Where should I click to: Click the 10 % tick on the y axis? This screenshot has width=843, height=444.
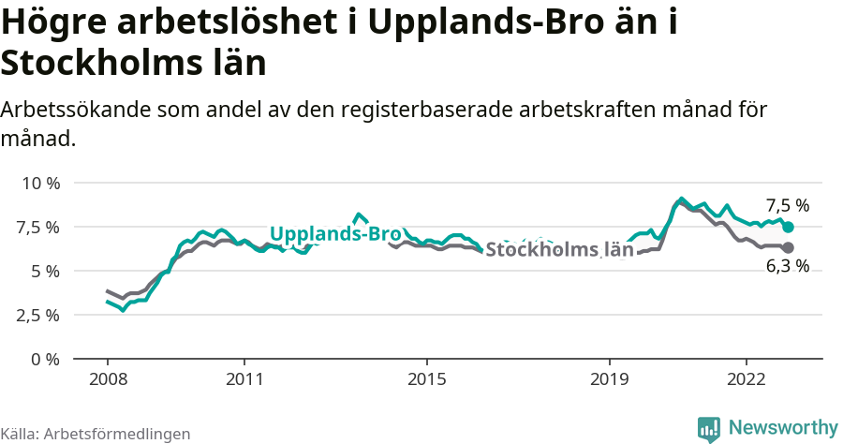pyautogui.click(x=39, y=183)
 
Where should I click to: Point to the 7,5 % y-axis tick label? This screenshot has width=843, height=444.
pyautogui.click(x=39, y=227)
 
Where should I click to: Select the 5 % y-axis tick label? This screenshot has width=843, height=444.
pyautogui.click(x=45, y=271)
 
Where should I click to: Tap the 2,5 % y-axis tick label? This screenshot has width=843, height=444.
pyautogui.click(x=39, y=315)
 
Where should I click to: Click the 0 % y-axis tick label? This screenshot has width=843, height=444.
pyautogui.click(x=45, y=359)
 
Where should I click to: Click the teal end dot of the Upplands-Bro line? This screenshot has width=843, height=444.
pyautogui.click(x=788, y=228)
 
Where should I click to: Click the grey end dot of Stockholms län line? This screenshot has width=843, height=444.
pyautogui.click(x=788, y=247)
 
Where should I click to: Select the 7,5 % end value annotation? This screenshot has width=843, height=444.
pyautogui.click(x=787, y=206)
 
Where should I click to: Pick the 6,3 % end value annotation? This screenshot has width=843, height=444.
pyautogui.click(x=787, y=266)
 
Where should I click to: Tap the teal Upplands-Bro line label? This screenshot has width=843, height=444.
pyautogui.click(x=335, y=234)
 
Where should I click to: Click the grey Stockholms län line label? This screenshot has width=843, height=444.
pyautogui.click(x=559, y=250)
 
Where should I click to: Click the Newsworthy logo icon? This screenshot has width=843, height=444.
pyautogui.click(x=708, y=428)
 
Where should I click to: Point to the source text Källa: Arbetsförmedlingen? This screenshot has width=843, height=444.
pyautogui.click(x=96, y=434)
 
